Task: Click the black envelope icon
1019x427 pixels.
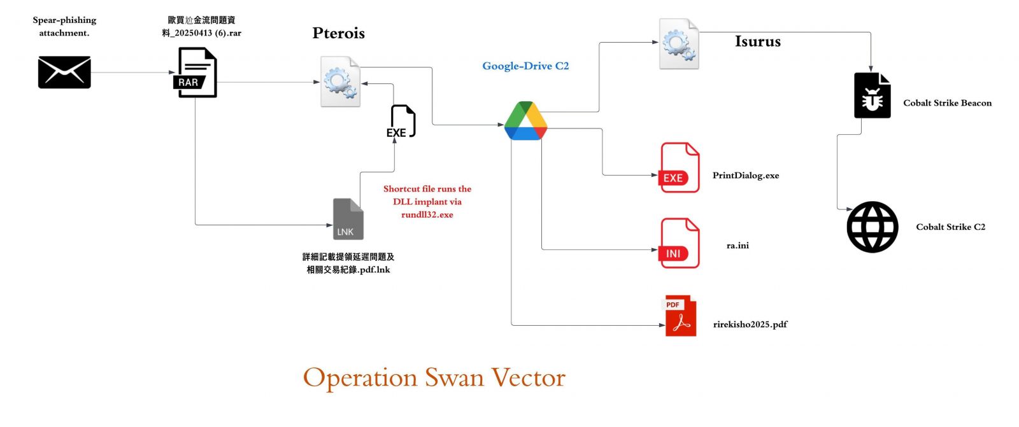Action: (x=64, y=72)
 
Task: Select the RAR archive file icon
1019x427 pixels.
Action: (x=195, y=73)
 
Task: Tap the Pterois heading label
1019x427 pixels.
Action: (x=338, y=32)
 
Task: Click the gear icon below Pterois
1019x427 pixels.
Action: (x=340, y=81)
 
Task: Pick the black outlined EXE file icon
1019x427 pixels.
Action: (x=401, y=121)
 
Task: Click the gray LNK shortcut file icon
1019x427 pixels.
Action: (x=348, y=219)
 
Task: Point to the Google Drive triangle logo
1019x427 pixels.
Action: (x=525, y=120)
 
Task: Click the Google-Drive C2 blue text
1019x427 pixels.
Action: (x=525, y=66)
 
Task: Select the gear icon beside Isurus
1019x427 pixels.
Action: (x=679, y=44)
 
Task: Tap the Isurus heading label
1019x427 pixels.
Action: (x=758, y=41)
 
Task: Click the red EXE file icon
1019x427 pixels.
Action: (x=679, y=167)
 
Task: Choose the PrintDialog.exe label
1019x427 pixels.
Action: (x=746, y=176)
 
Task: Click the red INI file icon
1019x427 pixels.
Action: (x=679, y=243)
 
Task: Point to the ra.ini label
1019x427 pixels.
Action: (x=738, y=246)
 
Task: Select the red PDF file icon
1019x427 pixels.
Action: (x=681, y=316)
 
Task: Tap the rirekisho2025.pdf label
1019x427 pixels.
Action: (x=750, y=325)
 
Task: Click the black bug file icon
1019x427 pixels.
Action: (x=872, y=95)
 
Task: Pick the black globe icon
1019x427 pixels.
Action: (x=872, y=227)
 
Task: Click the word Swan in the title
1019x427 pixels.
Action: (x=454, y=377)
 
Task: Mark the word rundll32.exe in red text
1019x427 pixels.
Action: (x=427, y=214)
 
